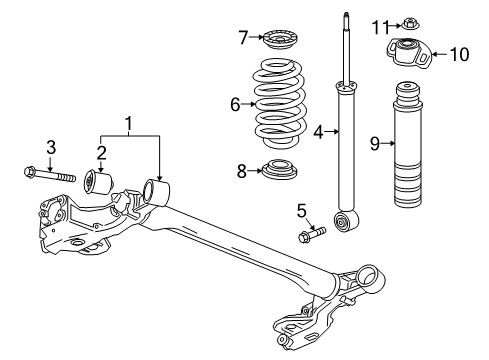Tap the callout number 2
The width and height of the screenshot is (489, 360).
pos(100,152)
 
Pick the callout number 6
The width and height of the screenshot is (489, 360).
pos(236,103)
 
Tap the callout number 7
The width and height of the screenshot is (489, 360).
pos(243,39)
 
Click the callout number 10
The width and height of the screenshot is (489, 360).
pos(459,54)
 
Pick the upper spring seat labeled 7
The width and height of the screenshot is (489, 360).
pos(279,43)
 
